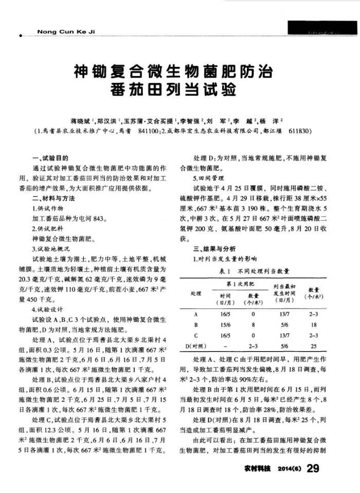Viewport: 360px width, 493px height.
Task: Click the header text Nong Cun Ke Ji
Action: coord(67,32)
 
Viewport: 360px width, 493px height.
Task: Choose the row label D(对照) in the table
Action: coord(195,345)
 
